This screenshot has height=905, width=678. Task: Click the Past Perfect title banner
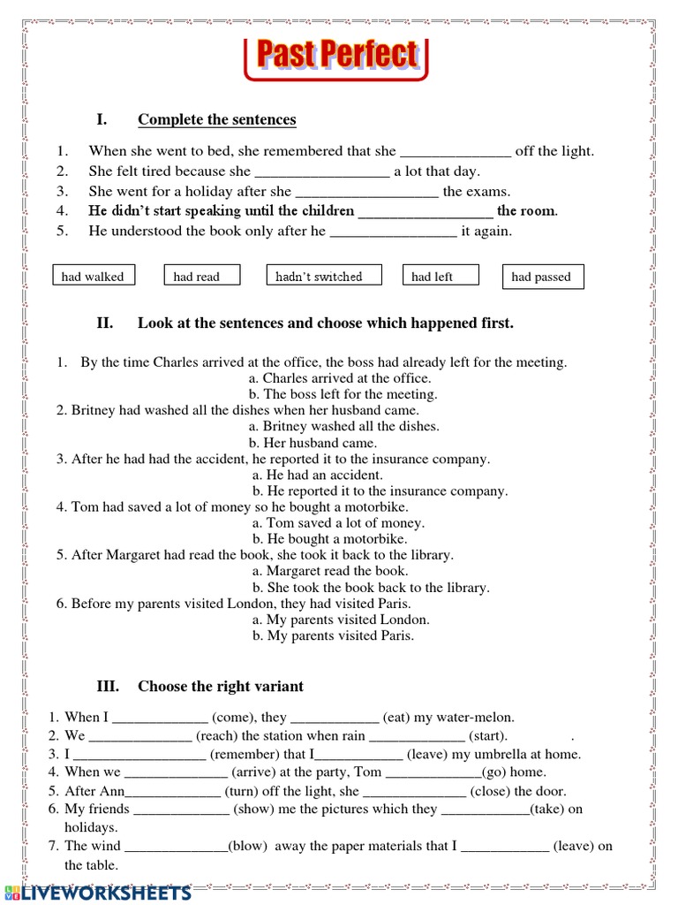pos(335,56)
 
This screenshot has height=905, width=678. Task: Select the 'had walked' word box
pos(93,277)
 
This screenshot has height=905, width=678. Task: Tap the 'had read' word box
pos(197,277)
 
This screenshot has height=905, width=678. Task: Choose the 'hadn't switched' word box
pos(324,276)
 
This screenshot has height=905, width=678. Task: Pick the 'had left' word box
pos(440,277)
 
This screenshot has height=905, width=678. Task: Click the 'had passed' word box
pos(542,277)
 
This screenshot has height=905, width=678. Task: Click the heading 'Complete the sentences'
pos(216,120)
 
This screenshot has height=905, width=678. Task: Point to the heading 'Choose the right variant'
pos(220,686)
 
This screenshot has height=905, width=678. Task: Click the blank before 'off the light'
pos(456,152)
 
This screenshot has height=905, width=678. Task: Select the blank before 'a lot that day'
pos(321,172)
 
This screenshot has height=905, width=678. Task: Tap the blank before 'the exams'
pos(366,192)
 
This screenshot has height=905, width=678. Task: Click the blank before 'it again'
pos(393,232)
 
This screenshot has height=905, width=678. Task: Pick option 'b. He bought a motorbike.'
pos(329,539)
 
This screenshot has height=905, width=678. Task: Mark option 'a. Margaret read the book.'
pos(330,571)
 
